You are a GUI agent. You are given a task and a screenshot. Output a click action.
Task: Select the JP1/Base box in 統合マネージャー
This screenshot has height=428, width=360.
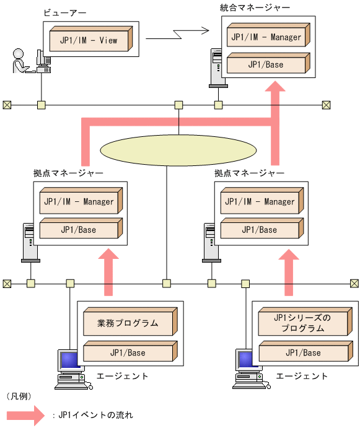(x=266, y=64)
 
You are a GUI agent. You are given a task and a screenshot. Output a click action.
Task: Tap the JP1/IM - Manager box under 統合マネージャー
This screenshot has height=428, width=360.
(x=266, y=37)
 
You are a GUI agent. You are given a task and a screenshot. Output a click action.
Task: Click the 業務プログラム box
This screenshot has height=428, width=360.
(x=128, y=323)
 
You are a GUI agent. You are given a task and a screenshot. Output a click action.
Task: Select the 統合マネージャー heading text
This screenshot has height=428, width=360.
(x=255, y=8)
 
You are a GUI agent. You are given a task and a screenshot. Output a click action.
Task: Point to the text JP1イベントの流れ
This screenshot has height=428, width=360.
(x=95, y=415)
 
